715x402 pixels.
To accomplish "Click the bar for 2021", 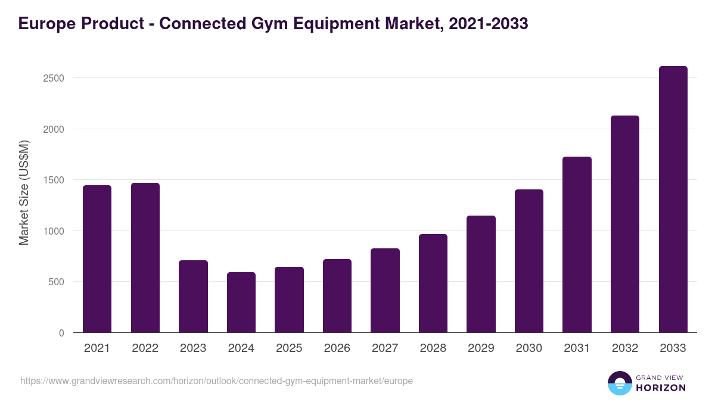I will pos(97,259).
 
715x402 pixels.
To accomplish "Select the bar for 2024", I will pos(241,303).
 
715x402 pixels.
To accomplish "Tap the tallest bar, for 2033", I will pos(673,200).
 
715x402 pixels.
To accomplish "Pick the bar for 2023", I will pos(193,297).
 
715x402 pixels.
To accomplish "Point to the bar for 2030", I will pos(529,261).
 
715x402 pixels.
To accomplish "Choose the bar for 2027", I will pos(385,291).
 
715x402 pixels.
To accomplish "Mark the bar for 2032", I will pos(625,224).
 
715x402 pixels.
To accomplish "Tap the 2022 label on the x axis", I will pos(145,348).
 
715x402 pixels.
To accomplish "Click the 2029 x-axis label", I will pos(481,348).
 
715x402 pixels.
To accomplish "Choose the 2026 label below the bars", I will pos(337,348).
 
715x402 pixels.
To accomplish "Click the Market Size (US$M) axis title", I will pos(24,192).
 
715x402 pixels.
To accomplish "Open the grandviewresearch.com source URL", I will pos(216,381).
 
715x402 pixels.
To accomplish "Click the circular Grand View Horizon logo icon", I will pos(619,383).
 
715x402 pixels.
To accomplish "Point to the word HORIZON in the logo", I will pos(661,388).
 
